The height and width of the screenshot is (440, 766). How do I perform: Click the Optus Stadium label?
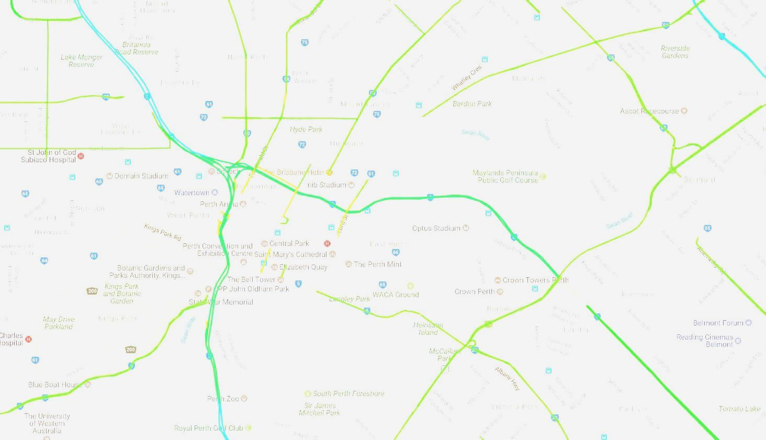(x=436, y=228)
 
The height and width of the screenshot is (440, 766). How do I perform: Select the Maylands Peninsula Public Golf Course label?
(x=505, y=176)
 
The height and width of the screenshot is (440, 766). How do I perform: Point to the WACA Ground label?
(x=396, y=295)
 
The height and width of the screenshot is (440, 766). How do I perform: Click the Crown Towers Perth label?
(x=535, y=280)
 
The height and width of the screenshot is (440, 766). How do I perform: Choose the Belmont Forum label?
(x=718, y=323)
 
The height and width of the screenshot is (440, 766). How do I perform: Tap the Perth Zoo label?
(x=223, y=399)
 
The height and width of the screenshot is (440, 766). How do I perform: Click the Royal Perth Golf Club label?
(x=208, y=428)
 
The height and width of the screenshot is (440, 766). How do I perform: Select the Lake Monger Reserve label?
(x=81, y=61)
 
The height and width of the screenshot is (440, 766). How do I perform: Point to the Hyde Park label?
(x=306, y=129)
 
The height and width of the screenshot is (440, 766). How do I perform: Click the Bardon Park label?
(x=472, y=104)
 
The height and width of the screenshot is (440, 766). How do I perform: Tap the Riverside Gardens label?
(x=675, y=52)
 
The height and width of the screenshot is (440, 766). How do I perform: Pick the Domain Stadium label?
(x=141, y=176)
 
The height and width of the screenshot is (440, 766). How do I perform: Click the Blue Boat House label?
(x=53, y=385)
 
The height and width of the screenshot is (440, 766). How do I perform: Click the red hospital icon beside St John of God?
(x=81, y=156)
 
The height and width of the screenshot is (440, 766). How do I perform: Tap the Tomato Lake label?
(x=739, y=409)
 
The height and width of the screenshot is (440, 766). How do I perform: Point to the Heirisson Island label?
(x=428, y=329)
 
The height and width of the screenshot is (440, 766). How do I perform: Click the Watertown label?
(x=191, y=193)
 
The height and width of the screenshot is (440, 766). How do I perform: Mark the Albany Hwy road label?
(x=508, y=379)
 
